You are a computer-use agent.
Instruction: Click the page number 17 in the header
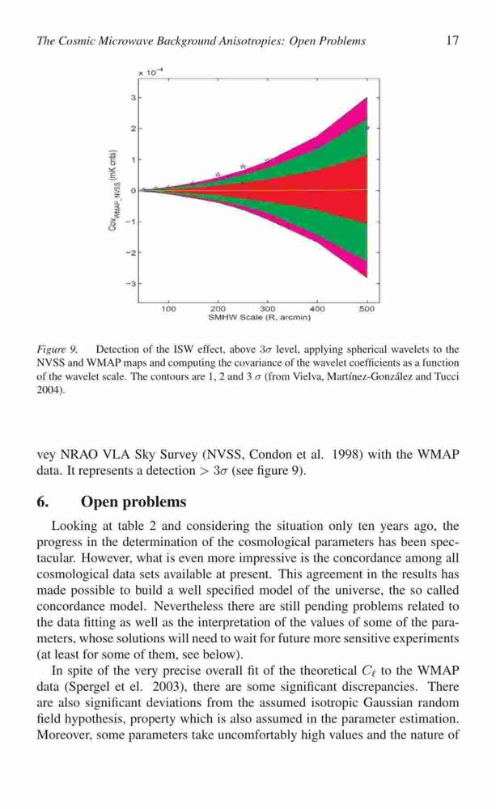pos(452,40)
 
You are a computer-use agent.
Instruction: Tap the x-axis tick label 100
pos(169,308)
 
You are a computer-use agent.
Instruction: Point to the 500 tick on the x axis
pos(367,308)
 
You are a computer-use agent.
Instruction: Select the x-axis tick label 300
pos(267,308)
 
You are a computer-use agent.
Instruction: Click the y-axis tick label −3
pos(132,284)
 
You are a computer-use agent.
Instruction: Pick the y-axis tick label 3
pos(134,97)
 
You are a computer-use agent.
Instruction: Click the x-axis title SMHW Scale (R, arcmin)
pos(259,317)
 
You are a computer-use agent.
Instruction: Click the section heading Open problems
pos(134,502)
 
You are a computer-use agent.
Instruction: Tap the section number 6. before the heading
pos(42,502)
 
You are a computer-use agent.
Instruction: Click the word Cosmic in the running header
pos(71,41)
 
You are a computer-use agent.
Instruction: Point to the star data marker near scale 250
pos(243,166)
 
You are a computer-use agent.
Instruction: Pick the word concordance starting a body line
pos(66,607)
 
